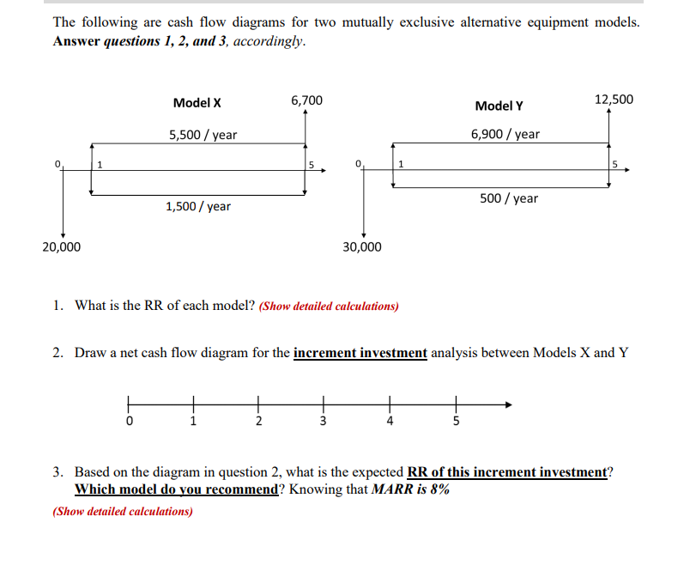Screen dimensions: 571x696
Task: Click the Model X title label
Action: [197, 103]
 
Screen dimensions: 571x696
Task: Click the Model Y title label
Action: [499, 106]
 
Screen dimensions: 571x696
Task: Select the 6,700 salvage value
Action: [306, 100]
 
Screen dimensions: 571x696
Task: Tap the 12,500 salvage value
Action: [613, 99]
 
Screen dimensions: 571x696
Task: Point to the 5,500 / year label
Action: [203, 135]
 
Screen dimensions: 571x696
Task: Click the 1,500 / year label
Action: [197, 206]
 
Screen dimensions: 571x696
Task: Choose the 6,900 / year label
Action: [505, 134]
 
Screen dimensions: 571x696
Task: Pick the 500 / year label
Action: [509, 198]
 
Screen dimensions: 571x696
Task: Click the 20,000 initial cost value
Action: [62, 247]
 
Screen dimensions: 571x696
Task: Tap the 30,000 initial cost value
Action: [362, 247]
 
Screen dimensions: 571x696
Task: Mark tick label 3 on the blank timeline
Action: [323, 422]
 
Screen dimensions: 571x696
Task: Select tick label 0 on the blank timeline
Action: [129, 422]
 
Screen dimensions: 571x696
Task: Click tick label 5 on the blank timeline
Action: [456, 422]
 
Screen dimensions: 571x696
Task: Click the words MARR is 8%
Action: [409, 489]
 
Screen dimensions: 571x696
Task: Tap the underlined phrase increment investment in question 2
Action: [360, 353]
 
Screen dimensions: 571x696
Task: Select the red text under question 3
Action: [123, 512]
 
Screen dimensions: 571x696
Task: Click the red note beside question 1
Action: [329, 307]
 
